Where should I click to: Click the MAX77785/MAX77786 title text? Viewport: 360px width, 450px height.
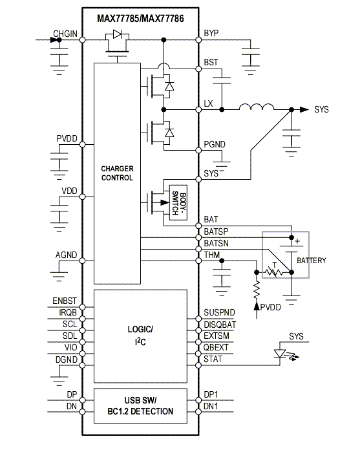click(x=140, y=19)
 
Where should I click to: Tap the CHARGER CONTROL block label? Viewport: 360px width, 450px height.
click(x=118, y=173)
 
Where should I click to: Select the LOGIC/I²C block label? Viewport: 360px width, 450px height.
click(x=140, y=335)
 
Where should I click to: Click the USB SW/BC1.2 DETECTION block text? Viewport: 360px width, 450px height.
click(x=140, y=406)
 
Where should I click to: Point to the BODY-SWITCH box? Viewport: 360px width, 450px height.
click(x=178, y=202)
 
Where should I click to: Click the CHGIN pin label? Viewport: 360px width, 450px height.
click(x=65, y=34)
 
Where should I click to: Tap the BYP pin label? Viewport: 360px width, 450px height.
click(x=211, y=33)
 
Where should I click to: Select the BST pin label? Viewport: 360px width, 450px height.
click(x=211, y=62)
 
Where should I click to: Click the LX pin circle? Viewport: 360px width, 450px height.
click(x=198, y=110)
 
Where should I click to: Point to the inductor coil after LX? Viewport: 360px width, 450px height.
click(x=257, y=107)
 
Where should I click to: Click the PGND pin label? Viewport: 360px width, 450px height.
click(x=215, y=144)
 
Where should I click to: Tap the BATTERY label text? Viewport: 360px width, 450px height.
click(x=312, y=261)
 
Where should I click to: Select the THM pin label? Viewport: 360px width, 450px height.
click(x=212, y=255)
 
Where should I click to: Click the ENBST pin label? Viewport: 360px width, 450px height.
click(x=65, y=301)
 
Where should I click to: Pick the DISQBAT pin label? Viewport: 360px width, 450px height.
click(x=220, y=325)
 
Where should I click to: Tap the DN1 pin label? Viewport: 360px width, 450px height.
click(x=211, y=406)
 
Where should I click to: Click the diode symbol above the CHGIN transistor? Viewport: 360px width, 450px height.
click(x=118, y=34)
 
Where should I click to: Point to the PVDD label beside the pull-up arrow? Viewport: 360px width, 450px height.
click(x=270, y=307)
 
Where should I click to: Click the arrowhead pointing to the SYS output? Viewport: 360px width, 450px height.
click(x=304, y=109)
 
